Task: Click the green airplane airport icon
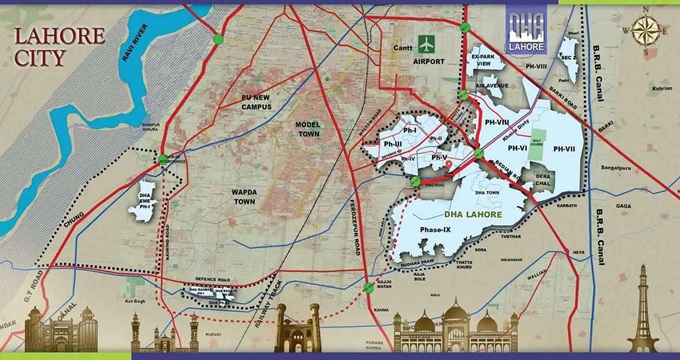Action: [x=427, y=45]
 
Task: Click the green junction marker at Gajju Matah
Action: [x=369, y=284]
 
